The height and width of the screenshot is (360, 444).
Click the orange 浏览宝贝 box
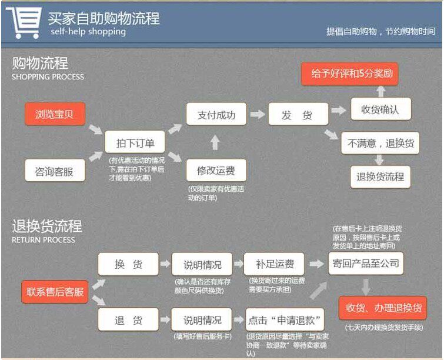click(55, 114)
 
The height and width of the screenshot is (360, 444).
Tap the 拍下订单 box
click(135, 142)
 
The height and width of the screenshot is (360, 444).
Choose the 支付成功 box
click(216, 114)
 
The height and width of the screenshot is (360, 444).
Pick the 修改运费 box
click(216, 171)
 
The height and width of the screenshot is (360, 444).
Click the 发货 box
click(298, 114)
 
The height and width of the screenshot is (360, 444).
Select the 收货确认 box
click(380, 109)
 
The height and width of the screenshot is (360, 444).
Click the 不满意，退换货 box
click(380, 143)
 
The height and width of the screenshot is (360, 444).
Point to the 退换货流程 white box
click(380, 176)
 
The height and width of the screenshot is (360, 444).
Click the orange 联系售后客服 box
click(55, 292)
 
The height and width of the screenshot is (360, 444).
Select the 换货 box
click(128, 264)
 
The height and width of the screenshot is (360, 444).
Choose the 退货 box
click(128, 321)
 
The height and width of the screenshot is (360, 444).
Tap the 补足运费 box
click(275, 264)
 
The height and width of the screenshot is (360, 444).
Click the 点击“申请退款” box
click(285, 321)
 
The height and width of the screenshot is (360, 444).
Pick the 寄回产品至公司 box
click(365, 263)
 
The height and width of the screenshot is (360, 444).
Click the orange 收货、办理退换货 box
click(382, 308)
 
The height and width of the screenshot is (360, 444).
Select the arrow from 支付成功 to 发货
click(257, 114)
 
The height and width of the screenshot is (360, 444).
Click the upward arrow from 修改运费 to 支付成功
click(215, 142)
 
